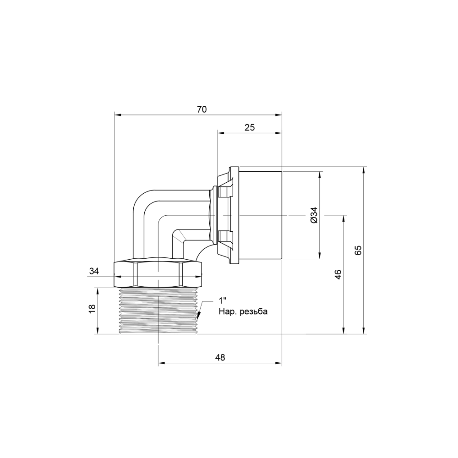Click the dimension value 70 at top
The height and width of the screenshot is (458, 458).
pyautogui.click(x=202, y=109)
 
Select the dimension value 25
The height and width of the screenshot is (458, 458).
pyautogui.click(x=250, y=127)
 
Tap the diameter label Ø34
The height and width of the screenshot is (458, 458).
pyautogui.click(x=314, y=214)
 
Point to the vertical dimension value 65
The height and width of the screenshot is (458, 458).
pyautogui.click(x=358, y=250)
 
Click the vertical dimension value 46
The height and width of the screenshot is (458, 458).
pyautogui.click(x=338, y=274)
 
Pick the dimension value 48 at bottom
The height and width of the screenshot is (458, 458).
pyautogui.click(x=220, y=358)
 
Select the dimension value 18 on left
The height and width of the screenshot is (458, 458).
pyautogui.click(x=92, y=309)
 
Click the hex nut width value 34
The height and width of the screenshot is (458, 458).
pyautogui.click(x=94, y=271)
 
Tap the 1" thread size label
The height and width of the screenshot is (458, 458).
pyautogui.click(x=223, y=301)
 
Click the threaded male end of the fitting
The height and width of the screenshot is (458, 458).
pyautogui.click(x=158, y=311)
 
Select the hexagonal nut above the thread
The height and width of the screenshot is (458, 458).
pyautogui.click(x=158, y=273)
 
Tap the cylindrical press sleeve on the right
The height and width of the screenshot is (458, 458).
pyautogui.click(x=260, y=214)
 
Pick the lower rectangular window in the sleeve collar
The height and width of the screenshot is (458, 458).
pyautogui.click(x=225, y=237)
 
